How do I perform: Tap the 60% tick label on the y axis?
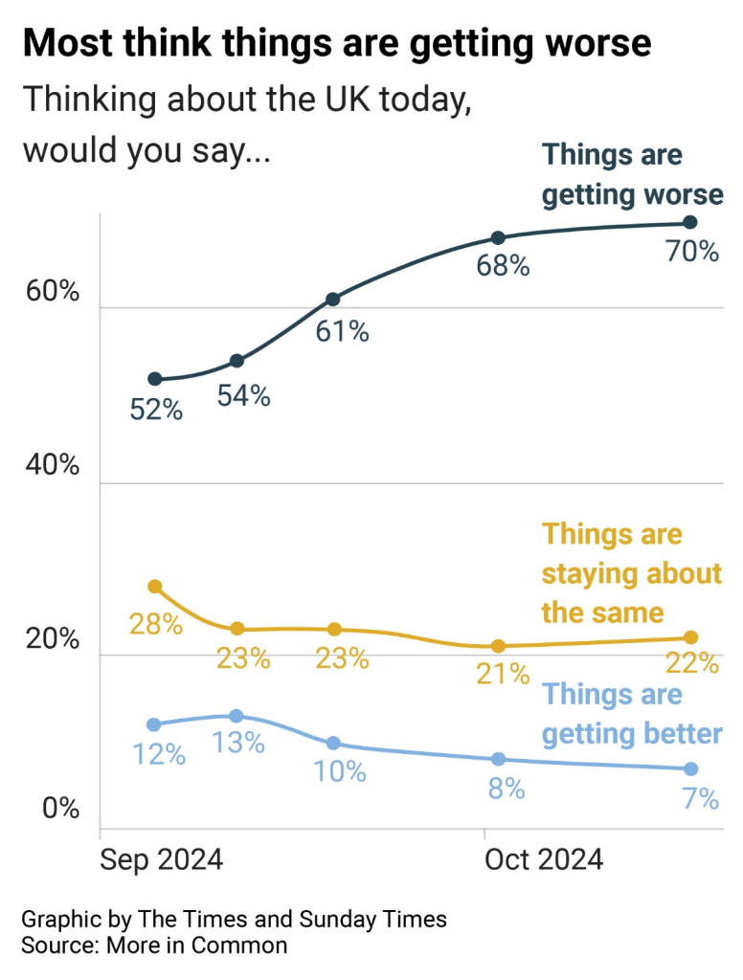click(53, 293)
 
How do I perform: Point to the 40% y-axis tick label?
click(53, 466)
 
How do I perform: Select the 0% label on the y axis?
click(60, 810)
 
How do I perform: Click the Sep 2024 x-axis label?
click(161, 858)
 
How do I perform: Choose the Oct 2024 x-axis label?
click(544, 858)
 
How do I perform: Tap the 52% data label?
click(156, 410)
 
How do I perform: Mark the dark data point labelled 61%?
click(332, 300)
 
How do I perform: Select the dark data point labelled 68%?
click(498, 237)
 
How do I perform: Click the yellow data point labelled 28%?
click(155, 586)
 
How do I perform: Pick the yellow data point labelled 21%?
click(498, 646)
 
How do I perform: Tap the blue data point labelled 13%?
click(236, 716)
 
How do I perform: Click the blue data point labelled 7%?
click(690, 768)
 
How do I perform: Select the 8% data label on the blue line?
click(505, 789)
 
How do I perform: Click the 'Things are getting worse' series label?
click(632, 175)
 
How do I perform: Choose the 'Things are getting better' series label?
click(632, 714)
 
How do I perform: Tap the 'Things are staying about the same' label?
click(632, 572)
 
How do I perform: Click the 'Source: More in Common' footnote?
click(154, 946)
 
